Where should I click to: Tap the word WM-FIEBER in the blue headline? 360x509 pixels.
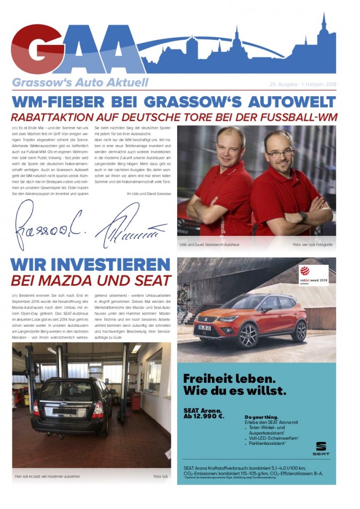point(53,101)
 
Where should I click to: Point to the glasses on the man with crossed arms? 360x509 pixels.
point(280,152)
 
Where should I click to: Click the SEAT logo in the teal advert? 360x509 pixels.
point(321,448)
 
